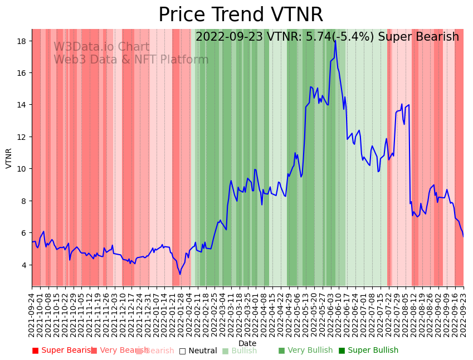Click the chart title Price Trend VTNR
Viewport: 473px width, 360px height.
(240, 15)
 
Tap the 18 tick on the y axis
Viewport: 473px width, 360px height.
(23, 41)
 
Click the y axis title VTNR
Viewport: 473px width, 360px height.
(9, 158)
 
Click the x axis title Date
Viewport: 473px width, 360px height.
(247, 343)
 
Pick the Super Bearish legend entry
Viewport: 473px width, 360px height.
(62, 351)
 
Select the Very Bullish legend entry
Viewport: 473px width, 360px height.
(305, 351)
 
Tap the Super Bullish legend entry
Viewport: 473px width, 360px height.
(368, 351)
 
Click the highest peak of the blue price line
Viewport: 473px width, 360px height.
(335, 40)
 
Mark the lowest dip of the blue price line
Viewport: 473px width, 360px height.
(179, 274)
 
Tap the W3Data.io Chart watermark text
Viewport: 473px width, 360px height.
(101, 47)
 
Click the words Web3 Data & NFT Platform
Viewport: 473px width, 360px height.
(131, 60)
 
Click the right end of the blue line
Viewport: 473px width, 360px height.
(463, 236)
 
